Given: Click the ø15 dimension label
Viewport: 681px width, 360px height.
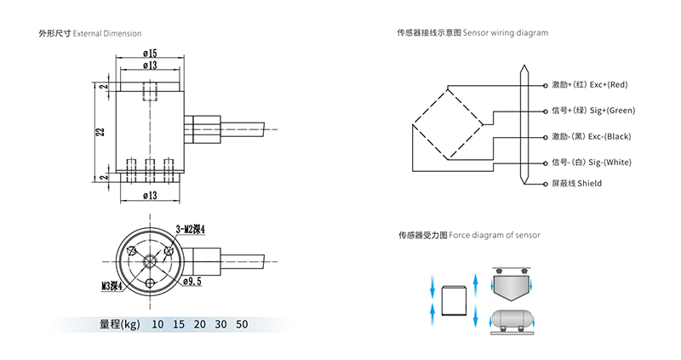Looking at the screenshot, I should (x=150, y=54).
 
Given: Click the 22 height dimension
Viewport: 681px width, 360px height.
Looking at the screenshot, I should (x=100, y=131).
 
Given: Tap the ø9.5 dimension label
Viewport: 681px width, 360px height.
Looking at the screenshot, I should (x=192, y=280).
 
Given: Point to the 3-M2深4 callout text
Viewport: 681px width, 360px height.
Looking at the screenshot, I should (x=192, y=228).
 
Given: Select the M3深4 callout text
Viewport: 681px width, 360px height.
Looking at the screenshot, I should (x=113, y=286).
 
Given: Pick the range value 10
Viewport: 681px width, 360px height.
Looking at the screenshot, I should (x=157, y=324).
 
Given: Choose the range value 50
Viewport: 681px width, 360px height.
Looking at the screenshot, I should (x=242, y=324).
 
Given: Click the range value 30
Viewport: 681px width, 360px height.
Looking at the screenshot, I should (x=221, y=324).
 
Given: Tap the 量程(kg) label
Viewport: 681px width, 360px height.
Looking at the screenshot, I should (x=119, y=324).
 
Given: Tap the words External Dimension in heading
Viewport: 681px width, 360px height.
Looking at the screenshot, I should (x=107, y=33).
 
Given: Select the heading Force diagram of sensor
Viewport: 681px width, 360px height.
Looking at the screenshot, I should (x=495, y=234).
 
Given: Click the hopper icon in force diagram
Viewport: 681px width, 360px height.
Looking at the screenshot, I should (x=516, y=286).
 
